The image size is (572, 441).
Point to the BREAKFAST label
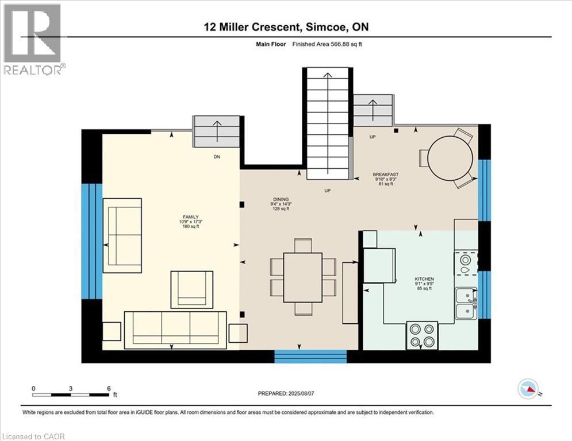[x=385, y=174]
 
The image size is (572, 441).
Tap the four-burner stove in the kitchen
[x=423, y=335]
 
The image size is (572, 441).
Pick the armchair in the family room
[x=192, y=290]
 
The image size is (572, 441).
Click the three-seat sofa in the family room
[x=176, y=329]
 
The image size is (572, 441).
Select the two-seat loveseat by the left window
[x=122, y=235]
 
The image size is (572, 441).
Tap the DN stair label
[x=216, y=156]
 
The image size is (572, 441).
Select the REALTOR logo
[x=33, y=39]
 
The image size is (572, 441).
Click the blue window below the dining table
[x=310, y=357]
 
